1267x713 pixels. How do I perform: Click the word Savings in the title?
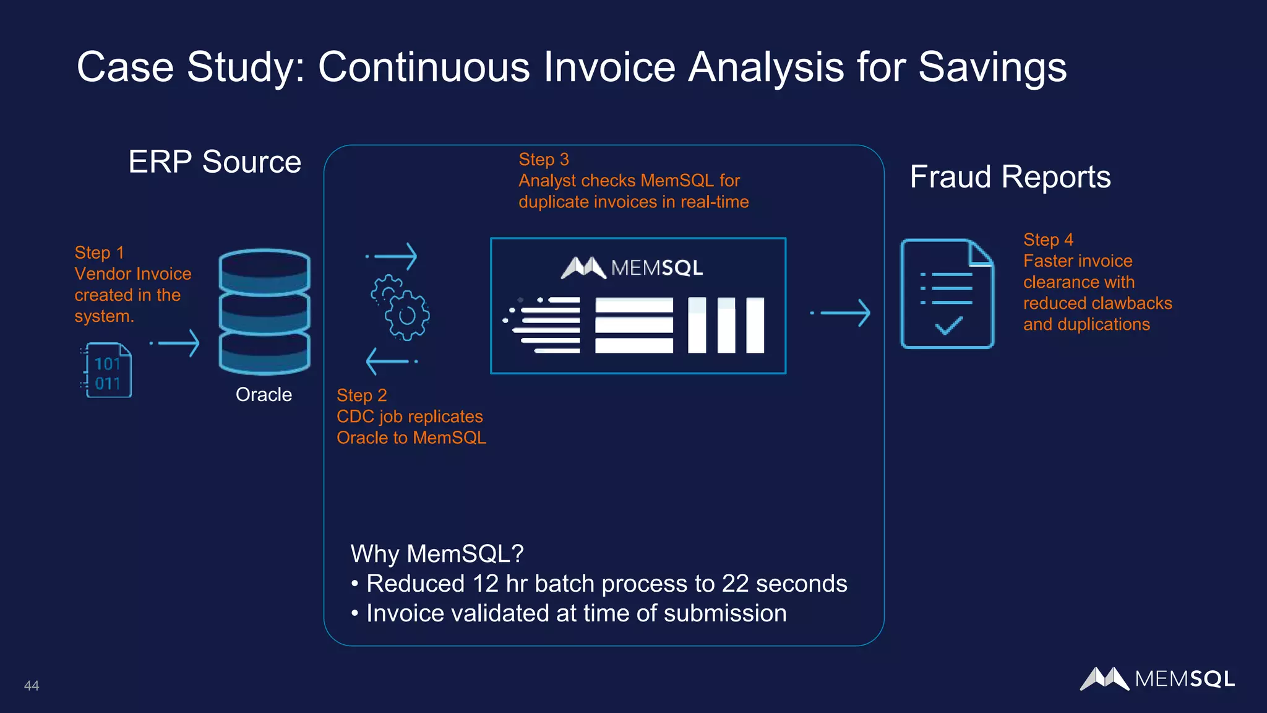(992, 67)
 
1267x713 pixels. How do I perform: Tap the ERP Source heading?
(215, 162)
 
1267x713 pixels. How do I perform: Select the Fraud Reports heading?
(1010, 177)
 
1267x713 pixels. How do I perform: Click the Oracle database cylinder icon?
(265, 311)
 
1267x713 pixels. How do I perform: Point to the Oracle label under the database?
(264, 395)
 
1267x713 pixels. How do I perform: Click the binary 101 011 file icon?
(107, 371)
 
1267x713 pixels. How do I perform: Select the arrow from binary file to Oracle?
(176, 344)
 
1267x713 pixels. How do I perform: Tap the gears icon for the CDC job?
(400, 307)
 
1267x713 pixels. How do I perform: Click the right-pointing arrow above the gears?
(392, 256)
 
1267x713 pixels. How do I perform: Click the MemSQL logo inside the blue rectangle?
(632, 267)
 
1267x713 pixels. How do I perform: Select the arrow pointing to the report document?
(841, 313)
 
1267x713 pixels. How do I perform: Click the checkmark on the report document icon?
(948, 326)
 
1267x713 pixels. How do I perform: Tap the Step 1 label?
(99, 253)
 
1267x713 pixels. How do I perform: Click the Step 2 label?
(361, 395)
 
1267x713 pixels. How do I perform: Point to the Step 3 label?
(543, 160)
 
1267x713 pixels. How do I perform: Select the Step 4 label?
(1048, 240)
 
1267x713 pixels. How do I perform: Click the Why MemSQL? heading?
(437, 554)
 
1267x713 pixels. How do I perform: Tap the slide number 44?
(32, 686)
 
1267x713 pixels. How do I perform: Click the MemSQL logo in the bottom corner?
(1157, 679)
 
